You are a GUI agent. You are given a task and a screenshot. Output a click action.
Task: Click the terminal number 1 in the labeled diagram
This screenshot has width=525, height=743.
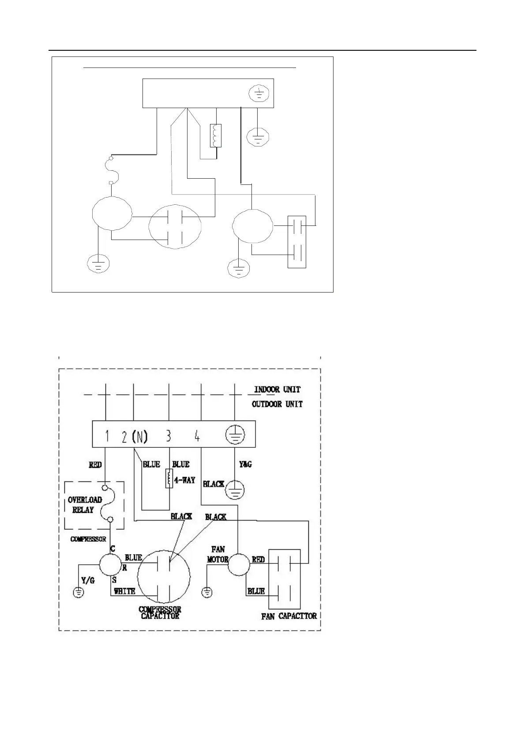(107, 436)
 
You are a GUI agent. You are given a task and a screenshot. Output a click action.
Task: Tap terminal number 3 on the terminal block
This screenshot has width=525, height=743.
(169, 436)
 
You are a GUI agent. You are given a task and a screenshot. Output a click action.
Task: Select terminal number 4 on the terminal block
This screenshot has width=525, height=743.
(197, 436)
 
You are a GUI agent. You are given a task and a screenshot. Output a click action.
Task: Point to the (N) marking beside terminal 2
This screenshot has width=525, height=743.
(140, 436)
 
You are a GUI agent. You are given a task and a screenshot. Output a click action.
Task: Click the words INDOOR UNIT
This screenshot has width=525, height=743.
(277, 390)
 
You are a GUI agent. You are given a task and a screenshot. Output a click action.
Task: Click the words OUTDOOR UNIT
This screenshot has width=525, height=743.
(277, 404)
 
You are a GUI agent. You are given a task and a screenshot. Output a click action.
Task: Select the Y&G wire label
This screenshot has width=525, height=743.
(245, 464)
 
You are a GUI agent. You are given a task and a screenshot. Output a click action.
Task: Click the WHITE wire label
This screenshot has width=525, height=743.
(124, 591)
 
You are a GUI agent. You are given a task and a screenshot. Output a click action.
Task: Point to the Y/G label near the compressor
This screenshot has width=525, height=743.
(88, 581)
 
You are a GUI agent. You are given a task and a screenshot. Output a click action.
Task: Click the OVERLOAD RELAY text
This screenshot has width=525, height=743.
(84, 505)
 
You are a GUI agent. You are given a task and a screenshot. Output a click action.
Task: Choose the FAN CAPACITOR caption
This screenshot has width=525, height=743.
(289, 616)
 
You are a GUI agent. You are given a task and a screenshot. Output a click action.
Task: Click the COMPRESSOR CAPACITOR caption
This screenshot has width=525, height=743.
(160, 613)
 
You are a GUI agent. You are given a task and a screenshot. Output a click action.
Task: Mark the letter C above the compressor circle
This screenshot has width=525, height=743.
(113, 549)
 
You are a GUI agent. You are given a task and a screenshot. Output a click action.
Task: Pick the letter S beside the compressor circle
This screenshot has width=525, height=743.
(114, 581)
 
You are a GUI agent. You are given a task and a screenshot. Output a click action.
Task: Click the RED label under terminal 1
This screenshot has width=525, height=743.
(95, 465)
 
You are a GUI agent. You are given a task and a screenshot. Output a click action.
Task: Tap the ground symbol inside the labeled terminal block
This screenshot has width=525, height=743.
(235, 436)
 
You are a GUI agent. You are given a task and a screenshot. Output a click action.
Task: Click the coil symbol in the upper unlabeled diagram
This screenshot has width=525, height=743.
(215, 135)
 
